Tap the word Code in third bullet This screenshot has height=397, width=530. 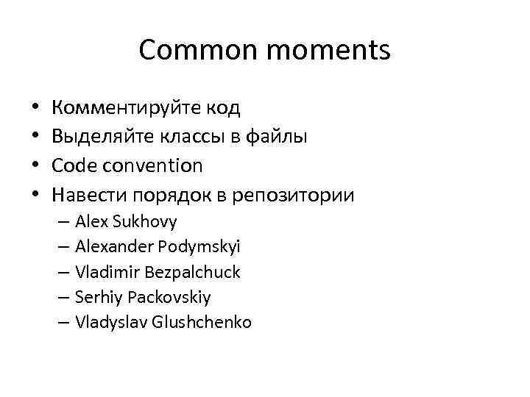pos(74,166)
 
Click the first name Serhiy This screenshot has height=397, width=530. pos(98,297)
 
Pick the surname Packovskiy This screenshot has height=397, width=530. pos(169,297)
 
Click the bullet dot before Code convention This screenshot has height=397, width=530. pos(35,166)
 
